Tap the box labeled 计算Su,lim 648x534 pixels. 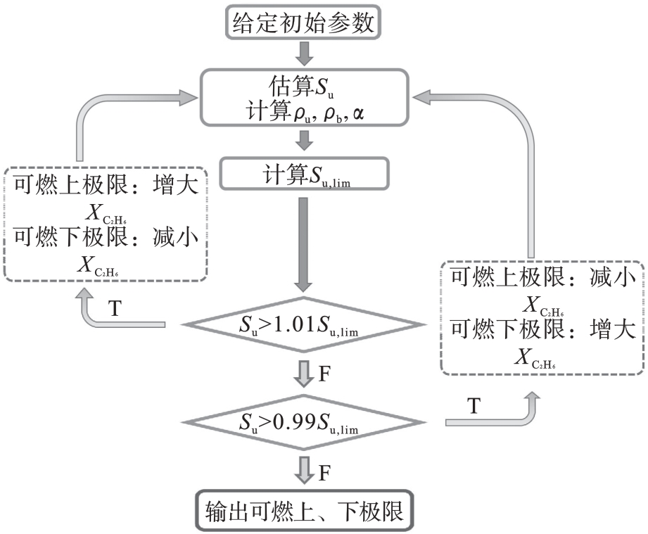pyautogui.click(x=304, y=175)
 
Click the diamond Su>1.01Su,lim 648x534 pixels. pyautogui.click(x=304, y=325)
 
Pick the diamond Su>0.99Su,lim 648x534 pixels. pyautogui.click(x=304, y=422)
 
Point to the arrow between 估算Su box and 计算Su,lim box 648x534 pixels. pyautogui.click(x=304, y=140)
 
